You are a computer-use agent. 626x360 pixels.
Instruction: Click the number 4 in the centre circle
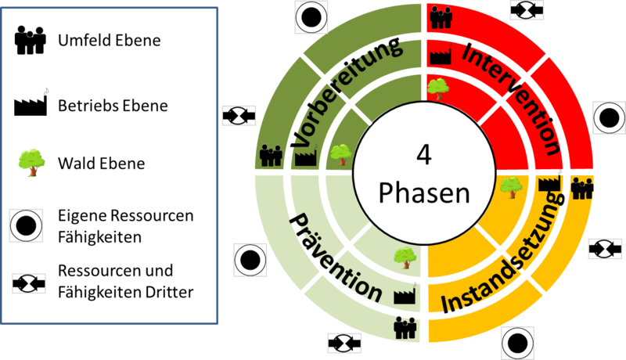point(423,155)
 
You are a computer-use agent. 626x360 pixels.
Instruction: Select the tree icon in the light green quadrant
point(404,256)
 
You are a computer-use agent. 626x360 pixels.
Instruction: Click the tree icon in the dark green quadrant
point(340,153)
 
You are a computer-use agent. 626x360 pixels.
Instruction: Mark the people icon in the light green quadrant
point(405,327)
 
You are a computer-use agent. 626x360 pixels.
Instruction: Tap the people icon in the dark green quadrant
point(271,155)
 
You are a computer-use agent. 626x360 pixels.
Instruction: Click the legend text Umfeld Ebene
point(109,40)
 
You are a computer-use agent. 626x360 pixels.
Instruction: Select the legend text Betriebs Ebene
point(113,104)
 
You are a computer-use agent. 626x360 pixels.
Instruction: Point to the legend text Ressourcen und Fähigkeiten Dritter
point(125,282)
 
